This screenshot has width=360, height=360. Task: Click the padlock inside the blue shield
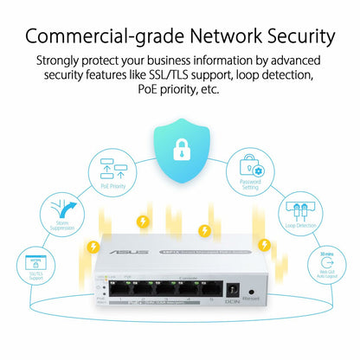pos(180,148)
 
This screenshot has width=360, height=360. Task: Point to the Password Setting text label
pos(251,185)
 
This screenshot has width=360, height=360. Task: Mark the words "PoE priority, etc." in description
pos(180,89)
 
